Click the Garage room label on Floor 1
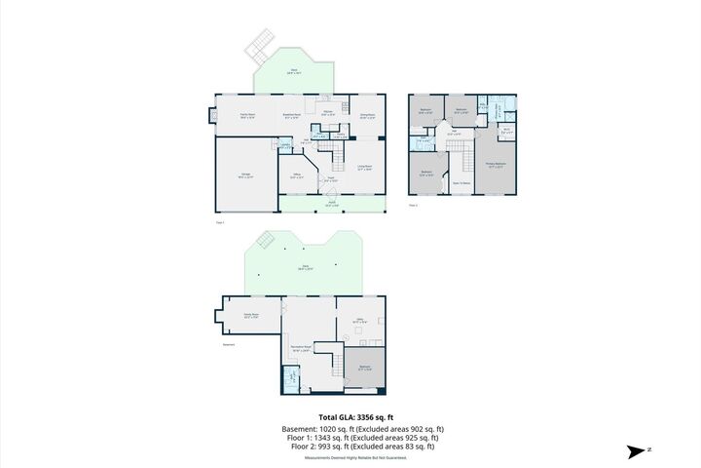pos(246,175)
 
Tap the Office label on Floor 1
pos(297,176)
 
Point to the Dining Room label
pos(367,116)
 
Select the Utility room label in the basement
pos(358,321)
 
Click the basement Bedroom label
pos(365,369)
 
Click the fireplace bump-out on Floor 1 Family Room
pos(211,116)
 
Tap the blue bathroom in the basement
pos(289,378)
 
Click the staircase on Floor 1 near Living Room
pos(340,154)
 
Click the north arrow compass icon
pos(638,451)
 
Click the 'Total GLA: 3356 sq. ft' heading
pos(350,417)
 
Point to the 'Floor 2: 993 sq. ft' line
pos(350,447)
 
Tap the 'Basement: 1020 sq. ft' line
pos(350,428)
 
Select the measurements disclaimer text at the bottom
pos(350,456)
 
